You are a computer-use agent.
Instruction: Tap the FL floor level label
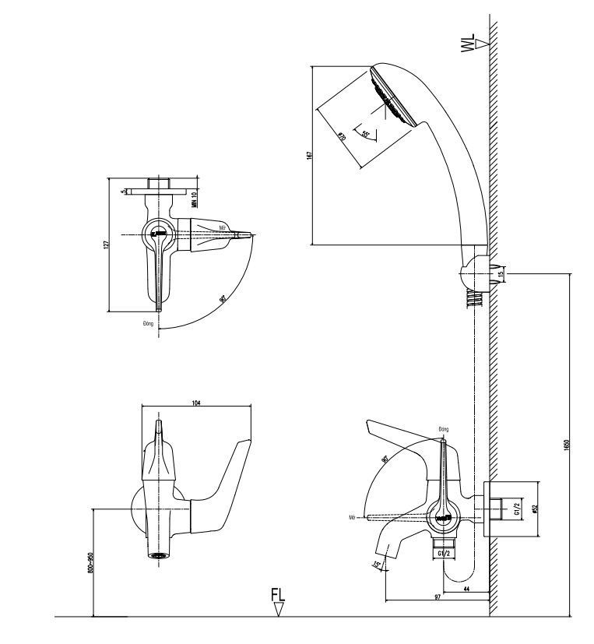(278, 596)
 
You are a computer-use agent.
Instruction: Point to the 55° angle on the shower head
(366, 133)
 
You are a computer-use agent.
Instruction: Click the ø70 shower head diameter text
(342, 137)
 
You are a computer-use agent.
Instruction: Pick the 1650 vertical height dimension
(566, 442)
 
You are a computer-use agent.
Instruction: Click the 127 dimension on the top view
(105, 244)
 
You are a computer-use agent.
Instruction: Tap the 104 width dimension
(195, 401)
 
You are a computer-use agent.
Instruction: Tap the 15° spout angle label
(378, 565)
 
